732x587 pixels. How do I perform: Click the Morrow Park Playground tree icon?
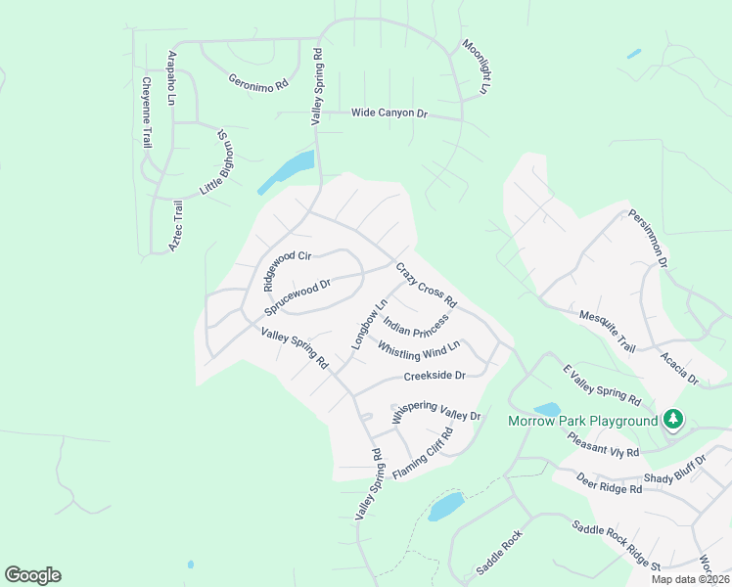[672, 420]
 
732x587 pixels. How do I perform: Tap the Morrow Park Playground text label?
[582, 422]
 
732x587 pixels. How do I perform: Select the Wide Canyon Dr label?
[389, 113]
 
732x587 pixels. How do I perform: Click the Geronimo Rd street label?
[258, 82]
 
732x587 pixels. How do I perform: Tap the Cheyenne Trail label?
[146, 113]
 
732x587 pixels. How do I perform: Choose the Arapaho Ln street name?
[172, 77]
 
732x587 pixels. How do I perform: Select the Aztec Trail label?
[176, 226]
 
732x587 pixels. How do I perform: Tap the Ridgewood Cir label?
[286, 269]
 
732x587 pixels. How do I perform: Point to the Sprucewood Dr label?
[298, 297]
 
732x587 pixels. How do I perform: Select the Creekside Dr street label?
[434, 375]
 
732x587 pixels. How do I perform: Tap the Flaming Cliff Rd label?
[423, 455]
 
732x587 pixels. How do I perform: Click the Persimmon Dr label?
[648, 239]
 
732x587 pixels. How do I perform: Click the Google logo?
[32, 575]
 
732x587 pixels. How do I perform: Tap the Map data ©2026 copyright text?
[689, 579]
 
